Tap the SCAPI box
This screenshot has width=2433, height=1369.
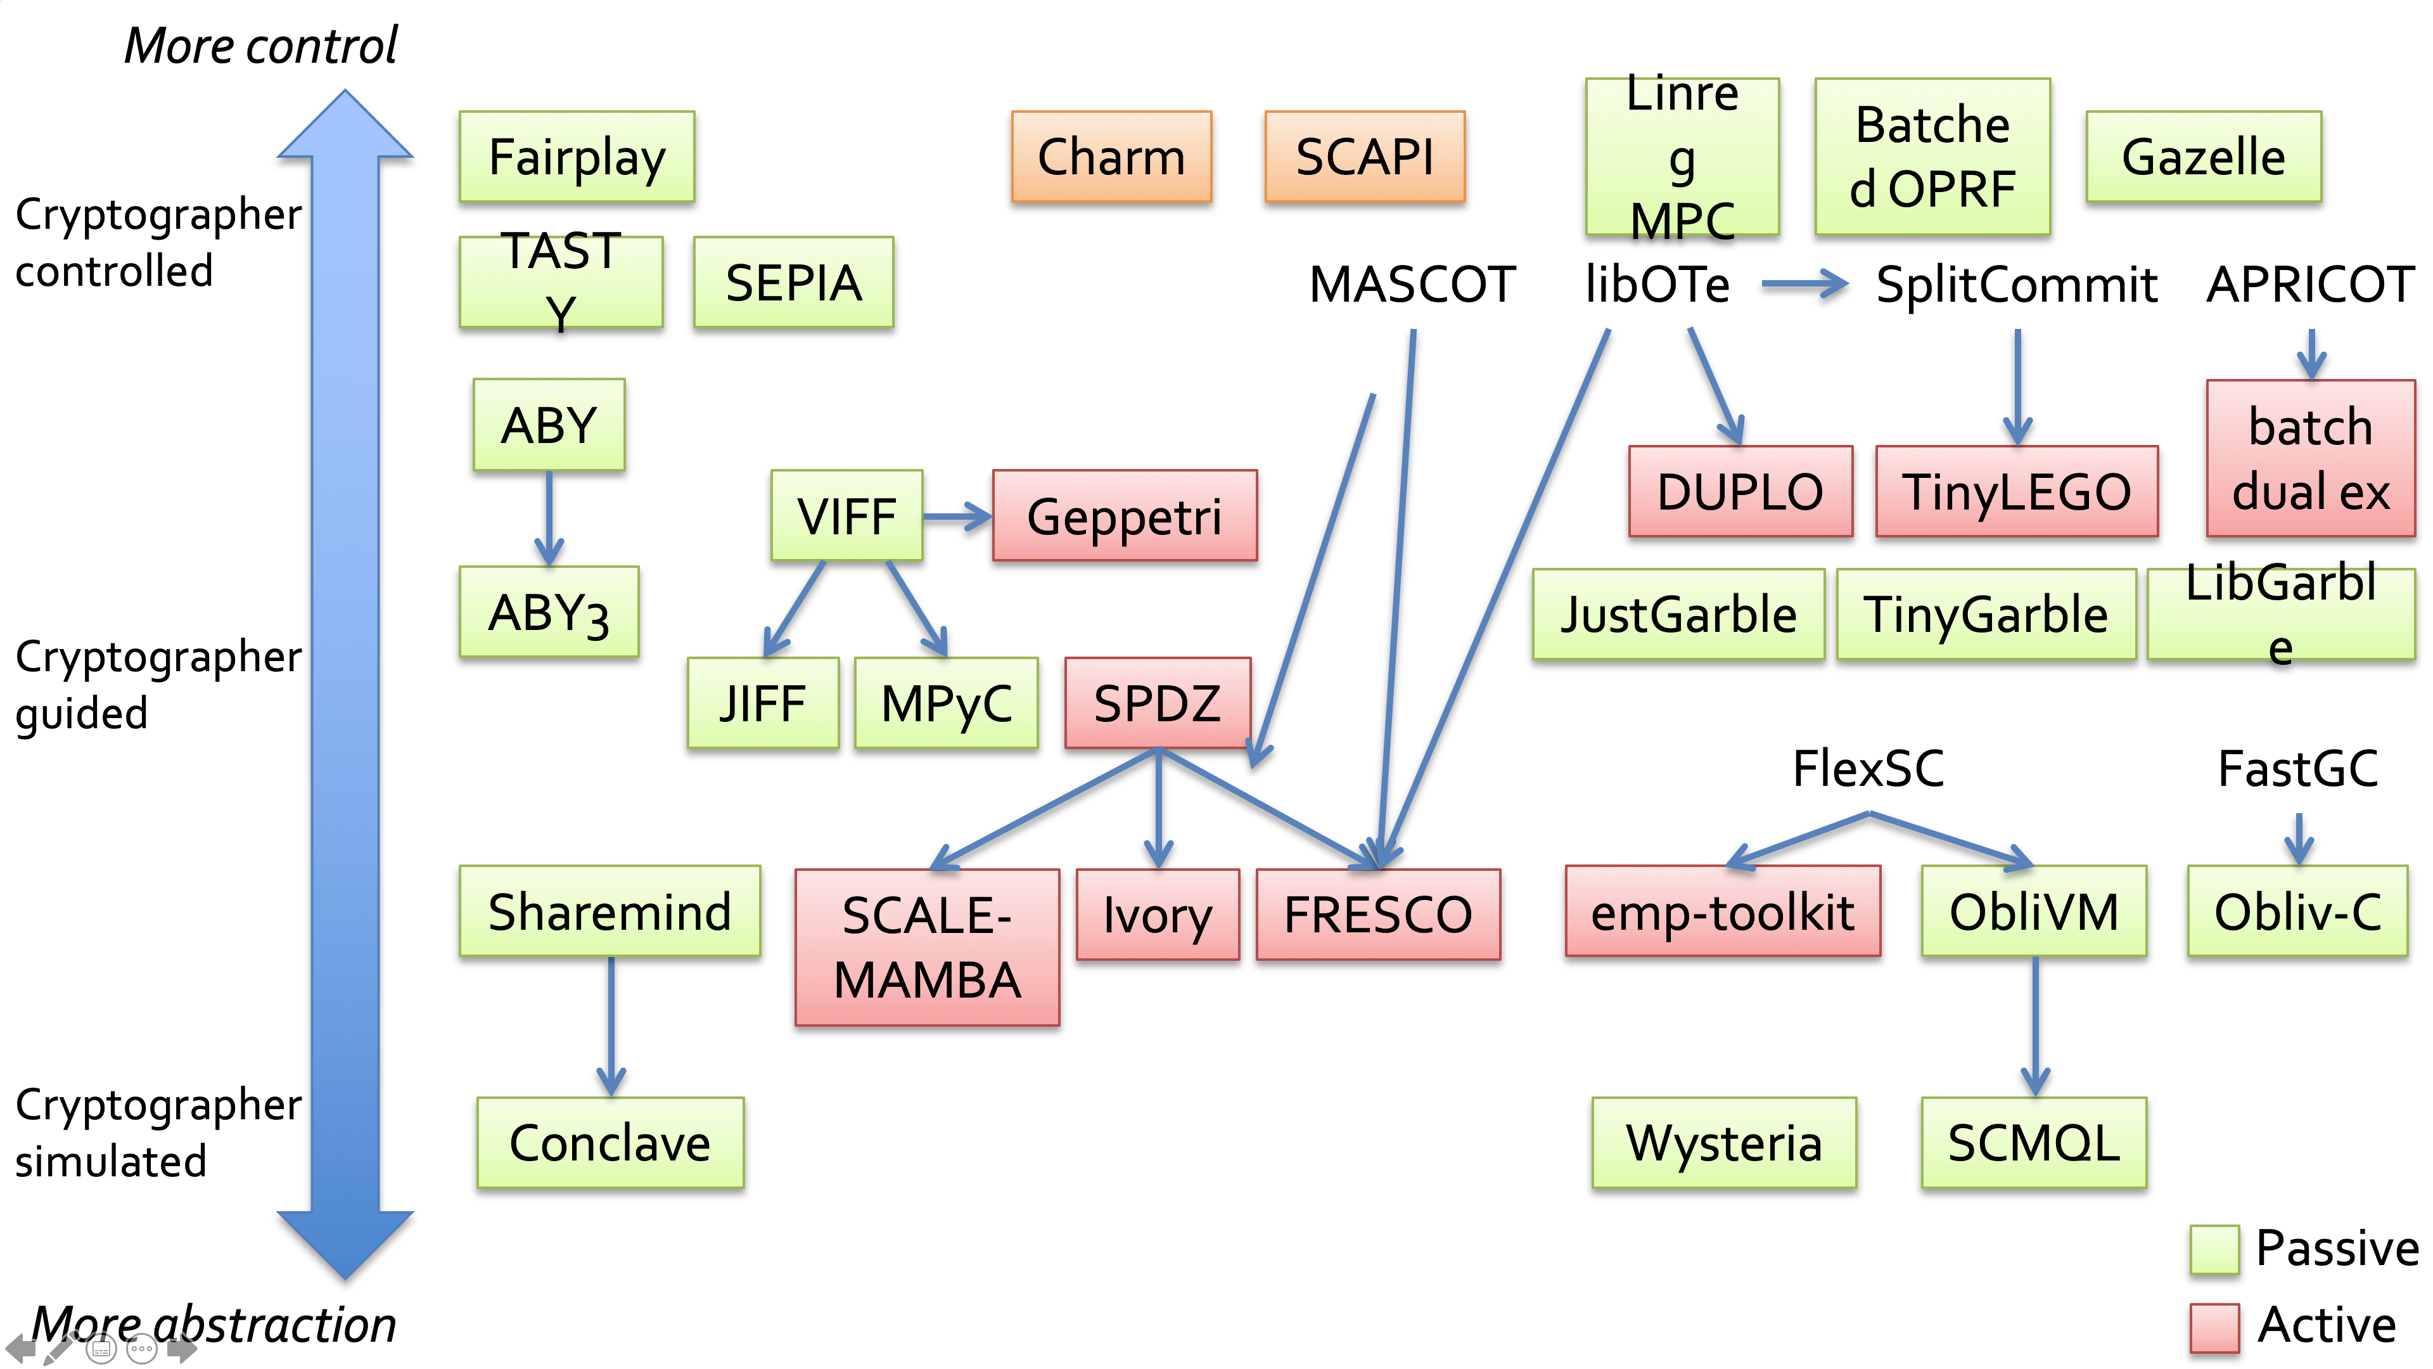pyautogui.click(x=1365, y=157)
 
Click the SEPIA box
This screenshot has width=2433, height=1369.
pyautogui.click(x=793, y=283)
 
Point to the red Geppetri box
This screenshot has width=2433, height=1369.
pyautogui.click(x=1124, y=516)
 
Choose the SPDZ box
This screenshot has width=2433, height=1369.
pyautogui.click(x=1157, y=703)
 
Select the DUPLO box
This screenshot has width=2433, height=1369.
pyautogui.click(x=1740, y=491)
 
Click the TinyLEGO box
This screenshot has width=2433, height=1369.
pyautogui.click(x=2017, y=491)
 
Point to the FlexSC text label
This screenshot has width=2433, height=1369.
pyautogui.click(x=1868, y=768)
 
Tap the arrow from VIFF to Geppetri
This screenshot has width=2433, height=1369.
pyautogui.click(x=957, y=516)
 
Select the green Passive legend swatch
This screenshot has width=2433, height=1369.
pyautogui.click(x=2214, y=1249)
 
